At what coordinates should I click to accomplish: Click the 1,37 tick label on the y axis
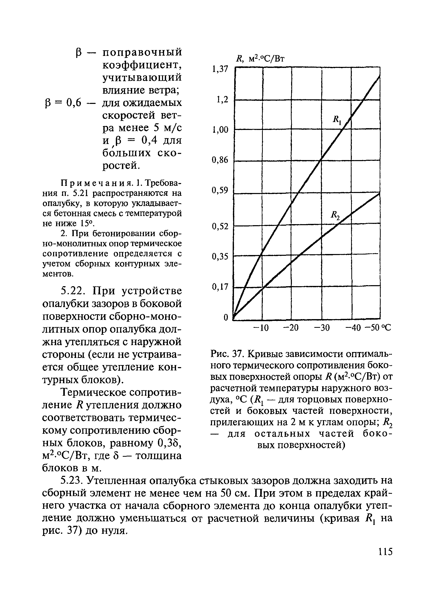pos(220,69)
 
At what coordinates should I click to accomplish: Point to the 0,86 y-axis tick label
pos(220,160)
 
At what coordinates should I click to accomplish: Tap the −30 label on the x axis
pos(321,328)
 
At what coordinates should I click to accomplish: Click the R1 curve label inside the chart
pos(337,120)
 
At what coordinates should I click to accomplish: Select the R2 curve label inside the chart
pos(335,215)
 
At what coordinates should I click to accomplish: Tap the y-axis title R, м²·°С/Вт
pos(260,58)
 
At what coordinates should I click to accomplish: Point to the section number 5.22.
pos(73,291)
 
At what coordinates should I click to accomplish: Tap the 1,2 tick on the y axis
pos(222,100)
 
